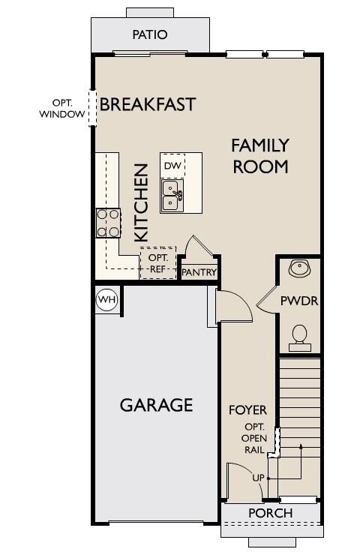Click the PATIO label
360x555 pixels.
click(x=150, y=34)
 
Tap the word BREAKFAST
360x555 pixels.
click(x=148, y=104)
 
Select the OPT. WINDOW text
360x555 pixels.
click(x=62, y=108)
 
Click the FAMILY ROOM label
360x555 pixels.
click(x=260, y=156)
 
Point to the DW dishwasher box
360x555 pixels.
click(x=172, y=165)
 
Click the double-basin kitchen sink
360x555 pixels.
click(x=172, y=196)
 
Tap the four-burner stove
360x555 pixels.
click(x=108, y=223)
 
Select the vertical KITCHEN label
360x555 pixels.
click(x=141, y=202)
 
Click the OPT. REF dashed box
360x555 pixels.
click(x=158, y=263)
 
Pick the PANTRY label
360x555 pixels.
click(x=199, y=272)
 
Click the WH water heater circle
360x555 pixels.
click(x=107, y=300)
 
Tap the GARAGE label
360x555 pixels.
click(x=157, y=405)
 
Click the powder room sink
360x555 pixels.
click(x=299, y=268)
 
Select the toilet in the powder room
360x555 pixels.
click(x=300, y=338)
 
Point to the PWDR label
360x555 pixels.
click(x=299, y=301)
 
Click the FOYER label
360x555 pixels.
click(x=247, y=410)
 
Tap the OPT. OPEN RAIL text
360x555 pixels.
click(x=253, y=438)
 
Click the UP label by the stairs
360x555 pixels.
click(x=258, y=478)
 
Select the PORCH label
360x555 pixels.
click(x=271, y=513)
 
